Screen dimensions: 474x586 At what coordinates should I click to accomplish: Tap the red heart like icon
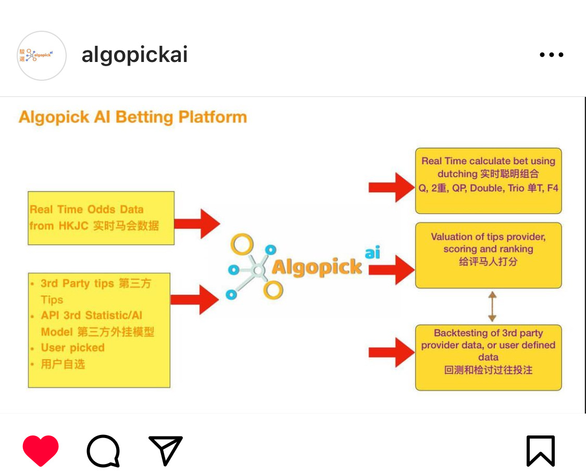(x=41, y=451)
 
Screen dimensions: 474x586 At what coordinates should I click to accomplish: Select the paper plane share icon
(x=166, y=450)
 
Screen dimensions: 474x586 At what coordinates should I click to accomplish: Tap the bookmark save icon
(x=541, y=451)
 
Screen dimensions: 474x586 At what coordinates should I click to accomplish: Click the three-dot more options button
(x=552, y=55)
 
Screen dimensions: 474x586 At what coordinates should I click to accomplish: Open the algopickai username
(x=134, y=55)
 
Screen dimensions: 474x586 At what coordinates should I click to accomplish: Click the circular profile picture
(x=42, y=56)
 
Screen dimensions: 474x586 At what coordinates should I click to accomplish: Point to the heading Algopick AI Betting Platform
(x=132, y=117)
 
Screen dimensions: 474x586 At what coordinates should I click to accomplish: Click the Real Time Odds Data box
(x=101, y=218)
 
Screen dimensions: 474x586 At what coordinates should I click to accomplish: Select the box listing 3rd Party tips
(x=99, y=330)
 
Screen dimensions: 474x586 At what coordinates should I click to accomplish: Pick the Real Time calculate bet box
(x=488, y=180)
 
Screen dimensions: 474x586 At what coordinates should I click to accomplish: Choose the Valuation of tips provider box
(x=488, y=255)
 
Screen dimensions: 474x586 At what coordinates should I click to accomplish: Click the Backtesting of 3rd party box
(x=488, y=357)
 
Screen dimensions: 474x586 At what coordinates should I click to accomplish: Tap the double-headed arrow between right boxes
(x=492, y=306)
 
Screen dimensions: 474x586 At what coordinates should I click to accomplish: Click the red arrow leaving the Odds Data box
(x=197, y=224)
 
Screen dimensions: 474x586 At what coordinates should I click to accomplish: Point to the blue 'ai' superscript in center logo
(x=372, y=253)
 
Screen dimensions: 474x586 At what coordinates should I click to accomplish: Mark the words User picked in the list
(x=73, y=347)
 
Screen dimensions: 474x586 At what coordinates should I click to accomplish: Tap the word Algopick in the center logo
(x=317, y=267)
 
